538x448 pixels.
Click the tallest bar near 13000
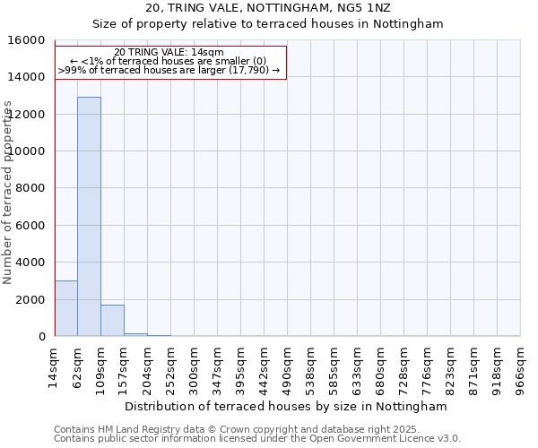[89, 216]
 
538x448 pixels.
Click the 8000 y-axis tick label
[32, 188]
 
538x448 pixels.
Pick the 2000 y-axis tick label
[32, 299]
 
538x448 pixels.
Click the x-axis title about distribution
[286, 406]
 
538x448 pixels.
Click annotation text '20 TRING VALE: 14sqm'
[169, 53]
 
